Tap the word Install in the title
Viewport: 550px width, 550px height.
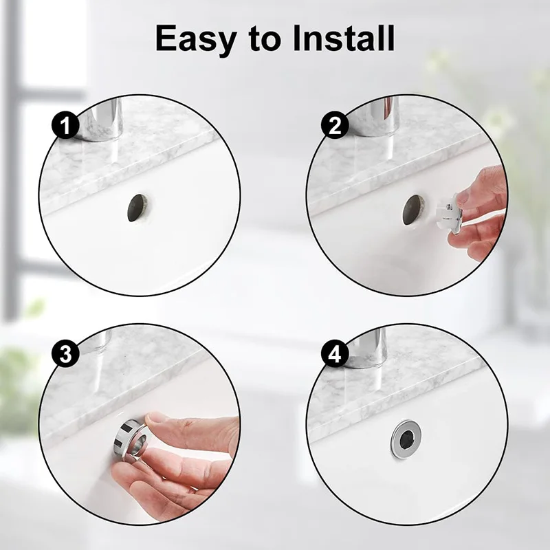pos(344,38)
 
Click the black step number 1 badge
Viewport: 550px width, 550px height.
pos(65,125)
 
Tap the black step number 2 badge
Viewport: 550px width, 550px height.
pos(335,125)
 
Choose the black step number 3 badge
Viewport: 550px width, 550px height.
pos(65,354)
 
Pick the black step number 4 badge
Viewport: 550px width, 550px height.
pos(335,354)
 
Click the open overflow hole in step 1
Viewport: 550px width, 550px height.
pos(137,208)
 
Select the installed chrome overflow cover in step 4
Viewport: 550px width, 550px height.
pos(406,439)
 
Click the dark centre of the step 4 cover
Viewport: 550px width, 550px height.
pos(407,439)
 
